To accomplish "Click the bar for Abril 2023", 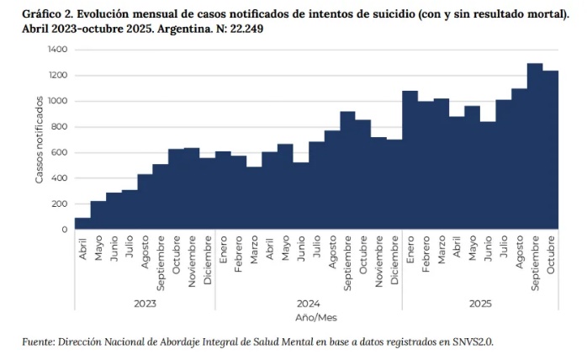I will pyautogui.click(x=82, y=224).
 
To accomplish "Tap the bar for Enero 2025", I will pyautogui.click(x=410, y=160).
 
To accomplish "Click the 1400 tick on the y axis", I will pyautogui.click(x=57, y=50).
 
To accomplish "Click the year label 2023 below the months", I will pyautogui.click(x=145, y=303).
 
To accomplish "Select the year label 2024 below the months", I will pyautogui.click(x=308, y=303).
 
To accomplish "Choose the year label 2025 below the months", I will pyautogui.click(x=479, y=303).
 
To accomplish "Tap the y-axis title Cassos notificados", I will pyautogui.click(x=40, y=139).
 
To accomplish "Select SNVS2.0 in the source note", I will pyautogui.click(x=482, y=342).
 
